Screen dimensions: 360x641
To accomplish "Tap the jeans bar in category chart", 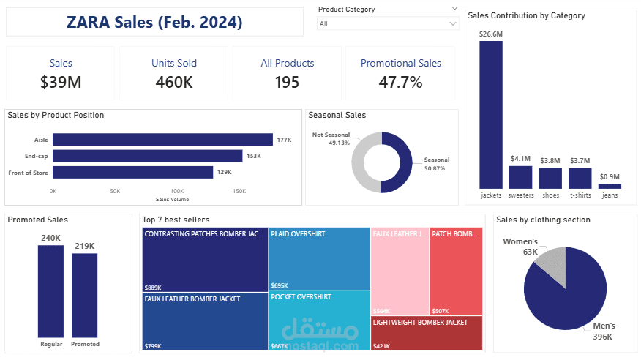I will (x=609, y=187).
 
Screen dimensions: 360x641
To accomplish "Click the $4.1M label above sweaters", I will (x=520, y=159).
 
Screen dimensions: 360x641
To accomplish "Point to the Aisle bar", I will (x=162, y=140).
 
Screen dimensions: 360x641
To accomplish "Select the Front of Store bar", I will (x=132, y=172).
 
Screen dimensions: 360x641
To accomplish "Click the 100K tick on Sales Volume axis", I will (x=177, y=190).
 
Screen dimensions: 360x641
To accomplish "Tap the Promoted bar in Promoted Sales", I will (x=85, y=295).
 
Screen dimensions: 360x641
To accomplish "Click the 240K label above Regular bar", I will (x=50, y=238).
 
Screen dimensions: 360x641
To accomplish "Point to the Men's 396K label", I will (x=604, y=331).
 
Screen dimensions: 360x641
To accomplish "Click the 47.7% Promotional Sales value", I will (x=400, y=82).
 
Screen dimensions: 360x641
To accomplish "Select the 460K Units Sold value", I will (x=174, y=82).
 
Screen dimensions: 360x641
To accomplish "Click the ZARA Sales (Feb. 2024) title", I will (x=154, y=22).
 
